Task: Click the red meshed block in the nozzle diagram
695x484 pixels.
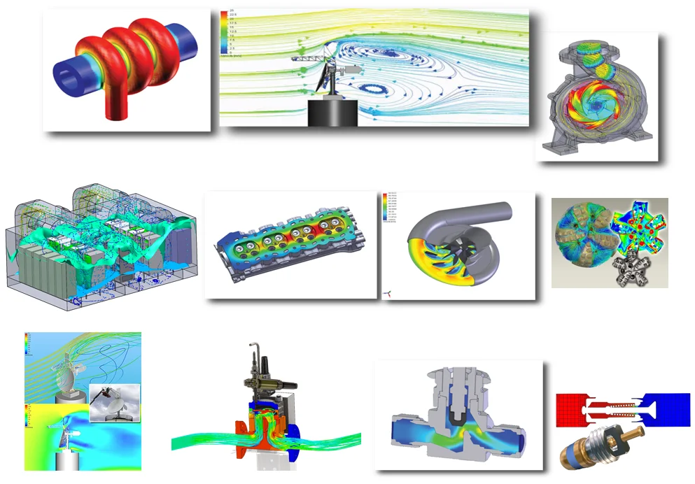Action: coord(573,409)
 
